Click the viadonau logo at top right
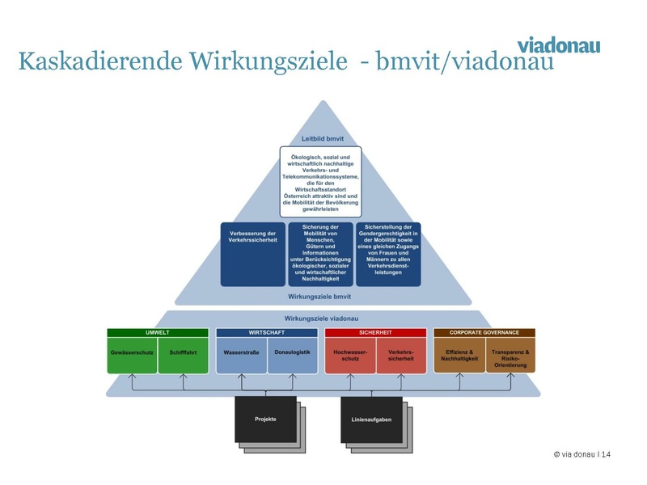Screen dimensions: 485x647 pyautogui.click(x=559, y=44)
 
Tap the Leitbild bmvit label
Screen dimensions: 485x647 pyautogui.click(x=321, y=138)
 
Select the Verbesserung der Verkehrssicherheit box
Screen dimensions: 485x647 pyautogui.click(x=253, y=238)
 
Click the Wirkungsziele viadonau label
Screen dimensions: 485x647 pyautogui.click(x=322, y=319)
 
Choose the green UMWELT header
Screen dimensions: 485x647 pyautogui.click(x=158, y=332)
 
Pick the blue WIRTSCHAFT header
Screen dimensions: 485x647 pyautogui.click(x=266, y=332)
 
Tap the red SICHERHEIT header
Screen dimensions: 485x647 pyautogui.click(x=375, y=332)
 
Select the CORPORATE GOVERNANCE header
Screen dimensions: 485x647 pyautogui.click(x=484, y=332)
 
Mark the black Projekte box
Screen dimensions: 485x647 pyautogui.click(x=265, y=419)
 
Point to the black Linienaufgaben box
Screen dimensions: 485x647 pyautogui.click(x=371, y=420)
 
